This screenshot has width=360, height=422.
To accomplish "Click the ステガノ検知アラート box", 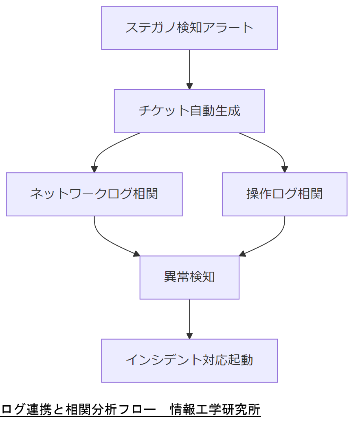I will coord(189,28).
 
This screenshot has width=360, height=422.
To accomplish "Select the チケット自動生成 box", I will coord(189,111).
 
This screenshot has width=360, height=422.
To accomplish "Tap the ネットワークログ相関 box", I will coord(94,194).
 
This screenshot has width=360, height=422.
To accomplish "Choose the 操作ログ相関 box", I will coord(284,194).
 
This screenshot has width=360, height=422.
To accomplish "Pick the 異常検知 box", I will coord(189,277).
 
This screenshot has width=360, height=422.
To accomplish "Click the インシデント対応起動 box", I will coord(189,360).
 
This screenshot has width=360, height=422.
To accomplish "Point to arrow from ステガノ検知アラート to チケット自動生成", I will coord(189,69).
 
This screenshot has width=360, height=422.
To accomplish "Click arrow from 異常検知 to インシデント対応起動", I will coord(189,319).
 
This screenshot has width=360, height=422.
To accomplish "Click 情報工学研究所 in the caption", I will coord(215,409).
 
